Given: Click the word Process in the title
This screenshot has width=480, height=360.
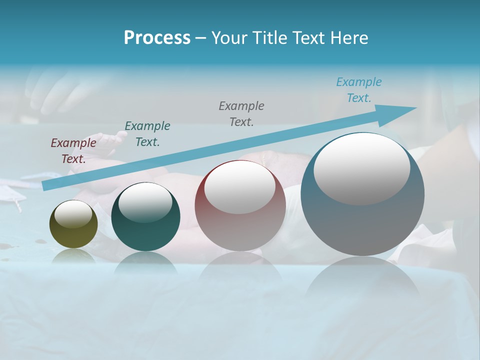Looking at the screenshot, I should [157, 38].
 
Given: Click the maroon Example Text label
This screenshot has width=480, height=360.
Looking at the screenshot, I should [73, 150].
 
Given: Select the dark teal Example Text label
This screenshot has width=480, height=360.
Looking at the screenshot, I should [147, 133].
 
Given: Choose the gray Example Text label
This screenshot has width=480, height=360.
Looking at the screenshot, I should [241, 113].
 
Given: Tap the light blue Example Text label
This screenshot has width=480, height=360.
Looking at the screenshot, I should [358, 90].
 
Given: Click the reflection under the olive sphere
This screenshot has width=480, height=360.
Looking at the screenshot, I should [73, 256].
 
